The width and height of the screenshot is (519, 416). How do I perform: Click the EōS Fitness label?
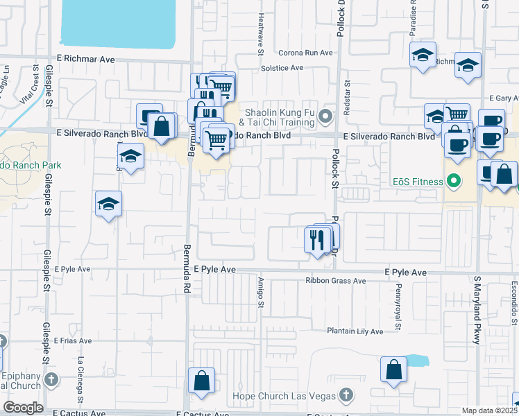415,182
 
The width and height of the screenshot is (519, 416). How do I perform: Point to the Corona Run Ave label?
306,53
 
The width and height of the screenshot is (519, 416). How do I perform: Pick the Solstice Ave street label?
282,68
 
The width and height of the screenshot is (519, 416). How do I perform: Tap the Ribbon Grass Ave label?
336,281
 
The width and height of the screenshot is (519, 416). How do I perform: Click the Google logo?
23,408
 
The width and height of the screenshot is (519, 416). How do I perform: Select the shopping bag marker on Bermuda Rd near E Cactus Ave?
201,380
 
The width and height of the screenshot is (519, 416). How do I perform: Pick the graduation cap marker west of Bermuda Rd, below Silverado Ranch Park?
108,204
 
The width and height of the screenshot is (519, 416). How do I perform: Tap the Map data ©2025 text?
490,410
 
